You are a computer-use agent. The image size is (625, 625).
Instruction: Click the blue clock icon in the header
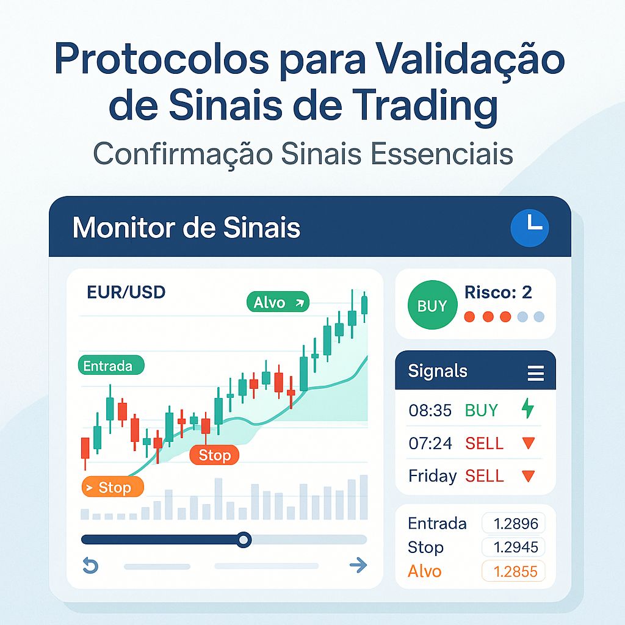530,228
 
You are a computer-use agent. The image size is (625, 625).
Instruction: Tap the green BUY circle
432,305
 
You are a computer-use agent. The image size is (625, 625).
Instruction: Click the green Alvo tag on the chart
278,302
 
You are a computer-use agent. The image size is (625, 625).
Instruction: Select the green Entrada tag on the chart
110,366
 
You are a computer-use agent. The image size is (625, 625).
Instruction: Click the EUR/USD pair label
126,292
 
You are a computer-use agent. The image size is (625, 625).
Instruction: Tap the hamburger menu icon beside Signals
535,372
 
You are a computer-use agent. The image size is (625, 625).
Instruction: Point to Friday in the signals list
432,476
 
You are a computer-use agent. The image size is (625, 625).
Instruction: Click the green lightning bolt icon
527,409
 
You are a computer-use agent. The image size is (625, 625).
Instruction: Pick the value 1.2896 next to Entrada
513,524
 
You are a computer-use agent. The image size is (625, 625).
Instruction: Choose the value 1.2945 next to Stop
513,547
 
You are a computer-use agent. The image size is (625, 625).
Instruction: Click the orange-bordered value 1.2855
513,572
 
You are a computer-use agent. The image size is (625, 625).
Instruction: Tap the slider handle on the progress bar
244,540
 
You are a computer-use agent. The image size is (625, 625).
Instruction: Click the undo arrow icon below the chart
90,566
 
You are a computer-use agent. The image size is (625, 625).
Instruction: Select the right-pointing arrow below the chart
358,566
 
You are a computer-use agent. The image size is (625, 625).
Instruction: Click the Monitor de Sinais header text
186,228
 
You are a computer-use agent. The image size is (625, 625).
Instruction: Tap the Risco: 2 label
498,292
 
